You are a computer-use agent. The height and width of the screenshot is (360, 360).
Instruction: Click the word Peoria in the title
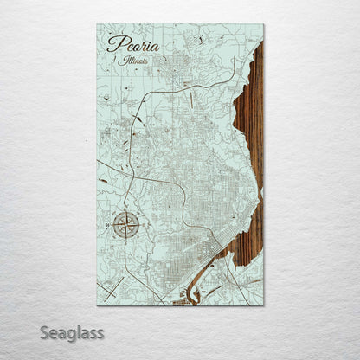coord(127,44)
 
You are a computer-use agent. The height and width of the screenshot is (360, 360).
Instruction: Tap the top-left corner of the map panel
coord(97,24)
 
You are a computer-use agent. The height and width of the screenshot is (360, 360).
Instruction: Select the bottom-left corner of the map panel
coord(97,305)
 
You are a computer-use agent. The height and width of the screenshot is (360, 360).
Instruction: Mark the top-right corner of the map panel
coord(264,24)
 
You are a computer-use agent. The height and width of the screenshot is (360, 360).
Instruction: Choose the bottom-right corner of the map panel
coord(264,305)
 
